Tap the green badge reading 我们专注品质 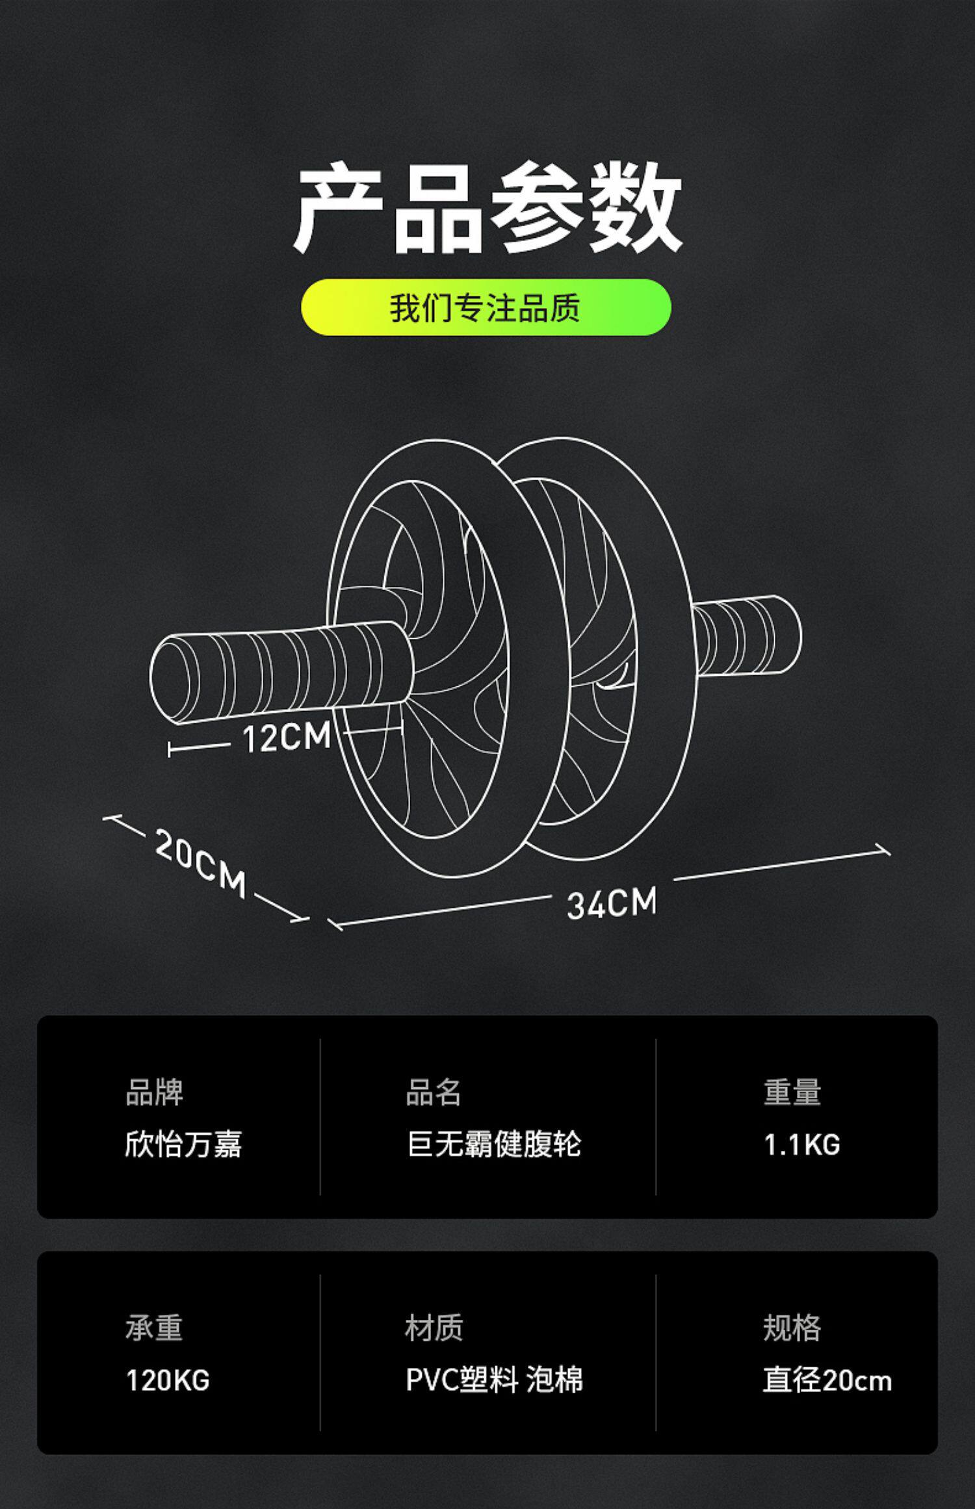[x=486, y=307]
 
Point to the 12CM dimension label [x=287, y=738]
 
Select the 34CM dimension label [x=612, y=903]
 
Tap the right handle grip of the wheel [x=747, y=636]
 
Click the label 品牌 [x=154, y=1092]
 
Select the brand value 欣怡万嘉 [x=183, y=1144]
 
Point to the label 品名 [x=434, y=1092]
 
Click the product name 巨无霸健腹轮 [x=494, y=1144]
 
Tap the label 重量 [x=792, y=1092]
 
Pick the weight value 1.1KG [x=802, y=1145]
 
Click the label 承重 [x=154, y=1328]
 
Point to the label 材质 [x=434, y=1328]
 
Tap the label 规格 [x=792, y=1328]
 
